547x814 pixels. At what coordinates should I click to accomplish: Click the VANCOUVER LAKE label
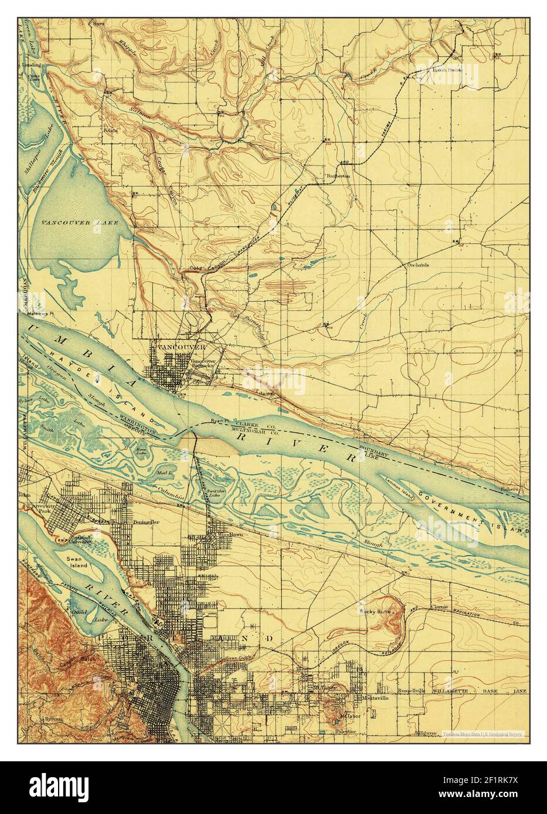(x=76, y=223)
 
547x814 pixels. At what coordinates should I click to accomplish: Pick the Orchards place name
(x=418, y=264)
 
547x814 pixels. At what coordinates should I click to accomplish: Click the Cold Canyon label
(x=204, y=268)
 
